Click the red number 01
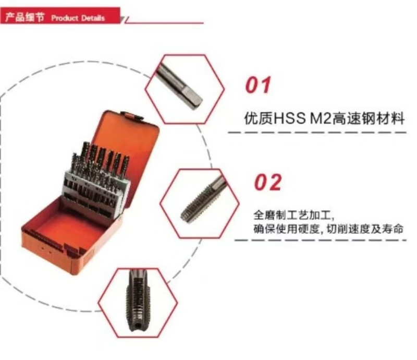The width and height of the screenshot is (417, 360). pos(258,85)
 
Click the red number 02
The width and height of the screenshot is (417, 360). pos(268,183)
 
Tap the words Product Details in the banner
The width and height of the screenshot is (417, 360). pos(78,18)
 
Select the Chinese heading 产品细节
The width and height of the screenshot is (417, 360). pos(24,17)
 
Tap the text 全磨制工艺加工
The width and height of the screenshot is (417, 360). pos(291,215)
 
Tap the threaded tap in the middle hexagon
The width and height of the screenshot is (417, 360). pos(203,199)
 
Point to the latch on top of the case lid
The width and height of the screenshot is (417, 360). pos(132,116)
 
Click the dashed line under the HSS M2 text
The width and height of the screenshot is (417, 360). pos(317,133)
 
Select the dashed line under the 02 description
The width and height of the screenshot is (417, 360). pos(321,240)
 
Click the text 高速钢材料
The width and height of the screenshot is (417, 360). pos(369,118)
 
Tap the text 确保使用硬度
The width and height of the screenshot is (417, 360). pos(286,229)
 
